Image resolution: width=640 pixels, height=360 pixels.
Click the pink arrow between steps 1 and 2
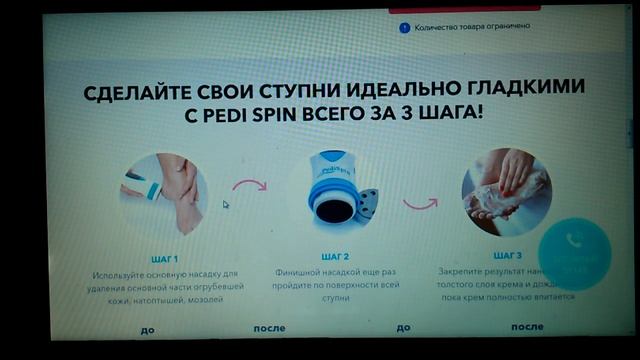pyautogui.click(x=249, y=185)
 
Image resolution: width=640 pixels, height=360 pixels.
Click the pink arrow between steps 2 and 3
pyautogui.click(x=420, y=202)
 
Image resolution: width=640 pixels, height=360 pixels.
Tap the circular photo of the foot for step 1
pyautogui.click(x=162, y=192)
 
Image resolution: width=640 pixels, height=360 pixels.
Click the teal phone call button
pyautogui.click(x=574, y=250)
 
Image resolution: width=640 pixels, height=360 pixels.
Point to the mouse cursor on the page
pyautogui.click(x=225, y=204)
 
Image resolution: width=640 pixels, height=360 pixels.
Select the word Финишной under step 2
pyautogui.click(x=301, y=271)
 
